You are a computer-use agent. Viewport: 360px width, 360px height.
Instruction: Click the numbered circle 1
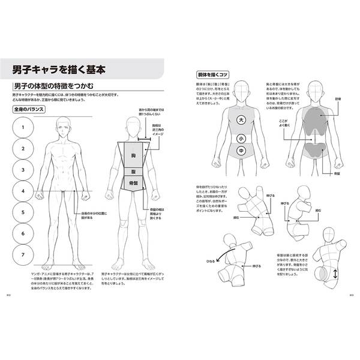(22, 128)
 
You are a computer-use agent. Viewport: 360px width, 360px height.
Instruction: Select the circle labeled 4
(22, 191)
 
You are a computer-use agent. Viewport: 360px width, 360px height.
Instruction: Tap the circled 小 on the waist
(241, 137)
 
